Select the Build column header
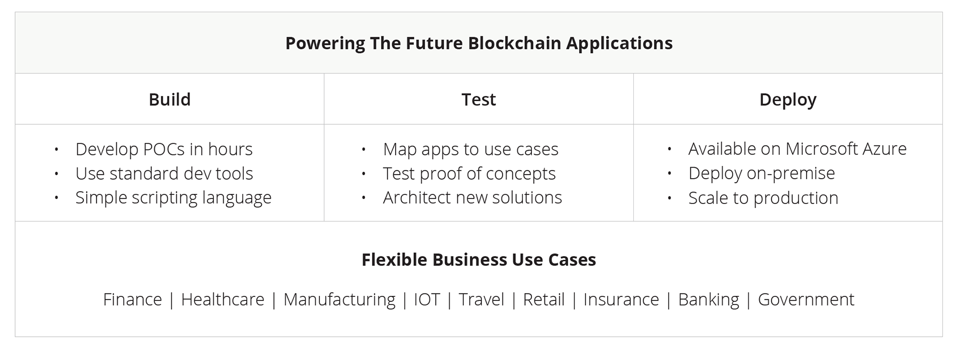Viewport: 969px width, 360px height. coord(170,99)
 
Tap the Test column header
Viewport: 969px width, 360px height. coord(478,99)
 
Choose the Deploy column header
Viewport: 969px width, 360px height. coord(788,100)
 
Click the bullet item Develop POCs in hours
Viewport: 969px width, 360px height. coord(164,149)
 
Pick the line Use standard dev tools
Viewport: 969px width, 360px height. coord(164,173)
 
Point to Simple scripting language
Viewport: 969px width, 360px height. coord(173,197)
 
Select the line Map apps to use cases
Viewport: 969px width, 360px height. coord(470,149)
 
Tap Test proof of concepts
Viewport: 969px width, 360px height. coord(469,174)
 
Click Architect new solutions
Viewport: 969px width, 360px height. coord(472,197)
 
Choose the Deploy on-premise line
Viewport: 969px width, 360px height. coord(762,173)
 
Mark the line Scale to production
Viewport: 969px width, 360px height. coord(763,198)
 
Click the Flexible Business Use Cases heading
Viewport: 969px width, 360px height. coord(478,260)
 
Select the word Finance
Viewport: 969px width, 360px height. coord(132,299)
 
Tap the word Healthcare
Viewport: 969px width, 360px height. coord(223,299)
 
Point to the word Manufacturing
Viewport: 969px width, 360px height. coord(339,299)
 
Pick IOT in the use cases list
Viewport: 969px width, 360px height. coord(427,299)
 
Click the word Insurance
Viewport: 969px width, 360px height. coord(621,299)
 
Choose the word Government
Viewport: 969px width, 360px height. coord(806,299)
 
